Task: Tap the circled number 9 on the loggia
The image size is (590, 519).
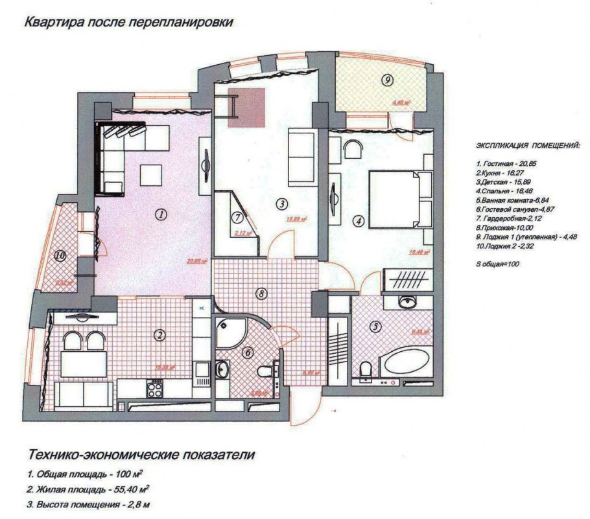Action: point(387,80)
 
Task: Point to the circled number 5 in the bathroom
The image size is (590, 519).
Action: point(374,327)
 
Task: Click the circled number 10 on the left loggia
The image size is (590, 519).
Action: point(60,256)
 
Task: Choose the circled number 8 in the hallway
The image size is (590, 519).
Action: point(261,294)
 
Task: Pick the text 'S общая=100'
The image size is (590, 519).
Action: point(498,264)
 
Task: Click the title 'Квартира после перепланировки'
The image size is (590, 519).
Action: point(128,23)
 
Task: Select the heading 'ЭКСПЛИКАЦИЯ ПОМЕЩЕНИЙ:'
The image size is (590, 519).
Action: point(528,145)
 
